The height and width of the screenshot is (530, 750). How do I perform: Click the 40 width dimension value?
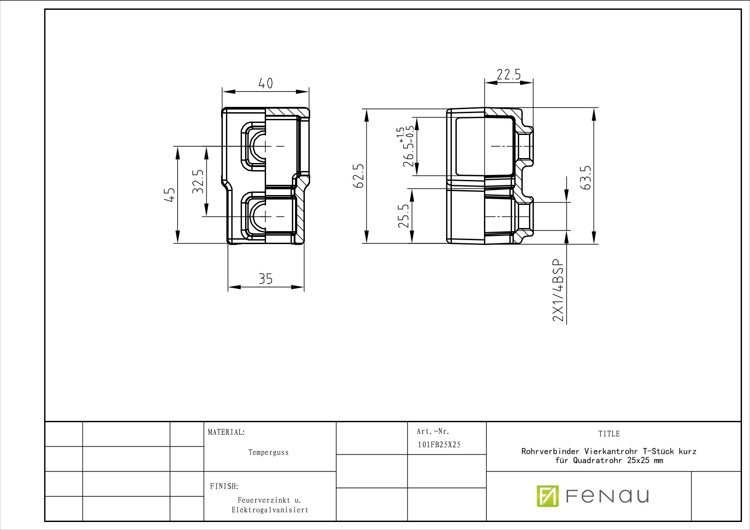point(266,83)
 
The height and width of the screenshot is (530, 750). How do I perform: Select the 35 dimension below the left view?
point(266,279)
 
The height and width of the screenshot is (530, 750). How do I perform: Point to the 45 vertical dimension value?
point(170,195)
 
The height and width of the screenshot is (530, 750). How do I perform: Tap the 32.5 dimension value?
point(198,181)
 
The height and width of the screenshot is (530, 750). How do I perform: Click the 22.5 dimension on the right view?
point(508,74)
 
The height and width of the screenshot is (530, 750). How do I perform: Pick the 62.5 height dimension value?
point(358,176)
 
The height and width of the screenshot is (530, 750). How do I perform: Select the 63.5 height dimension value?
point(586,178)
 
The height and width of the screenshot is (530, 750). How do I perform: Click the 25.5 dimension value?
point(403,216)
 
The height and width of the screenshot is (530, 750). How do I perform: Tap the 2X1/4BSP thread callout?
point(558,290)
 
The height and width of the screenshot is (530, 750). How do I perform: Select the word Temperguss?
point(269,453)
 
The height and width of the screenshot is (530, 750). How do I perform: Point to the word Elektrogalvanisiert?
point(270,510)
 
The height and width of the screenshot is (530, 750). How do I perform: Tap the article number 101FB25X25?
point(439,444)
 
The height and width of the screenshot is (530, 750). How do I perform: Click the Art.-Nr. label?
point(433,431)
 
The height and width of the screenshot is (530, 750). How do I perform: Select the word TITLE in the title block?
point(609,434)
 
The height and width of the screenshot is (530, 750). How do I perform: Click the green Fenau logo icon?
point(548,496)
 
